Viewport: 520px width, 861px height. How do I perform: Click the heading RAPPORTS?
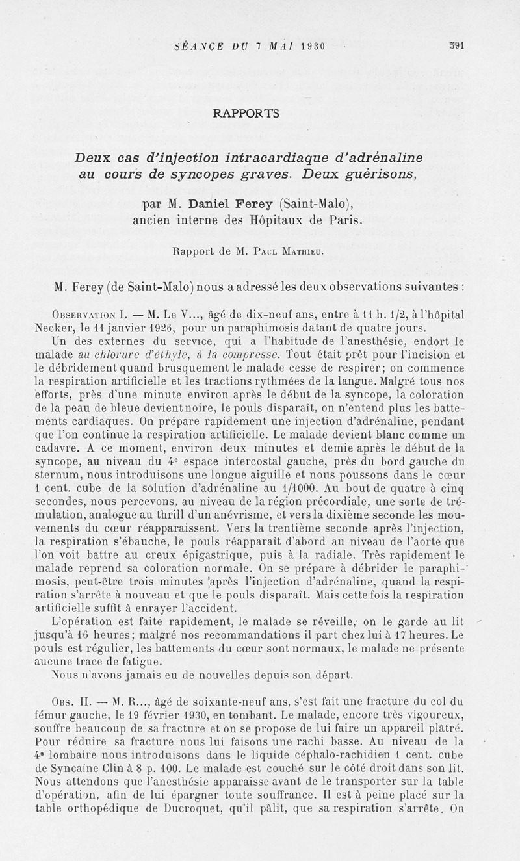246,114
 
